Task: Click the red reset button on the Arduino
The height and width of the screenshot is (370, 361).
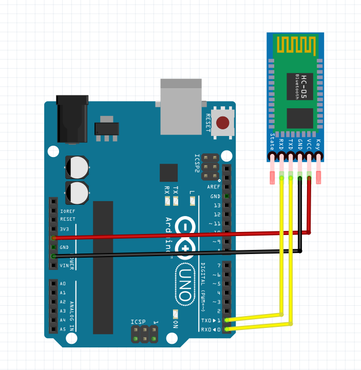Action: pos(223,123)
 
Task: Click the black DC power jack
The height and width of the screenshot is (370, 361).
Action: pos(70,118)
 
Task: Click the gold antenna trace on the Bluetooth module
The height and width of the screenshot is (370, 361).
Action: pos(295,45)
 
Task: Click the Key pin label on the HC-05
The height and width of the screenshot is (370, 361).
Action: pos(319,144)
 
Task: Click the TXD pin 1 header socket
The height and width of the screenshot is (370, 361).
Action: pos(226,320)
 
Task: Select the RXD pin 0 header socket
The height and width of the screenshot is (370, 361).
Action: pos(226,329)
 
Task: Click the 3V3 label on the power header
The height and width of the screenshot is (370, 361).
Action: pos(64,229)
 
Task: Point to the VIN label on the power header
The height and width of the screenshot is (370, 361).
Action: pos(64,265)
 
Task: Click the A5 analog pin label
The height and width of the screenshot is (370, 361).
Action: pos(63,329)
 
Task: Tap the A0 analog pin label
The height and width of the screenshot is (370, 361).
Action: pos(63,284)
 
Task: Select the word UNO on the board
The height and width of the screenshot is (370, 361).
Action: pos(184,284)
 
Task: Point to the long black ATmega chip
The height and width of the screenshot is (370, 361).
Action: pos(103,267)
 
